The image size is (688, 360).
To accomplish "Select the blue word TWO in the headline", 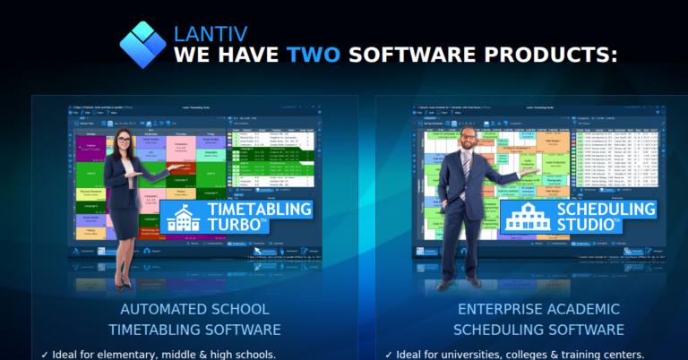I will pos(313,55).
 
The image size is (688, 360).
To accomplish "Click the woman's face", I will pos(123,141).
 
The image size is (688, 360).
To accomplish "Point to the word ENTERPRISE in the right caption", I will pos(500,310).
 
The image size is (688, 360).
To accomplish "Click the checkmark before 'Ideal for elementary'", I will pos(45,354).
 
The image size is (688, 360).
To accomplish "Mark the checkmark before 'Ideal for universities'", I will pos(389,354).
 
